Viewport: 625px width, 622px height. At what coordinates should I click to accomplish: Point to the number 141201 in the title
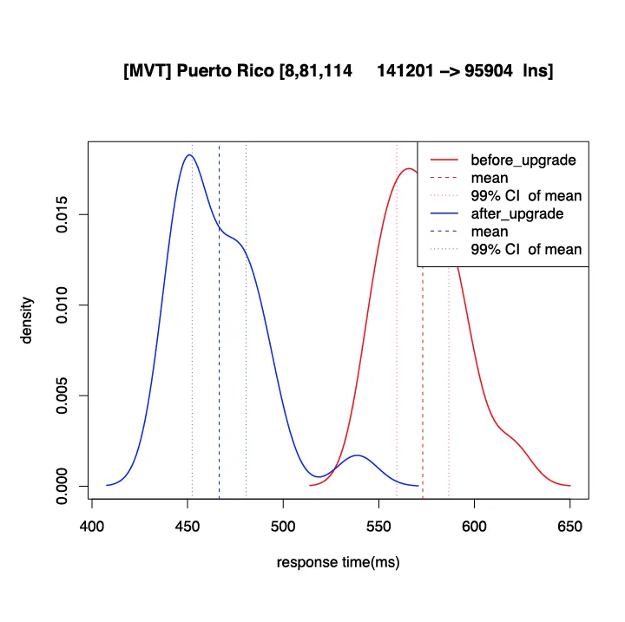click(407, 71)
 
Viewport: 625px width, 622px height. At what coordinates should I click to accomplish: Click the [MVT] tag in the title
click(148, 71)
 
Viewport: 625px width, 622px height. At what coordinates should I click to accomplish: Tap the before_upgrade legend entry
click(523, 160)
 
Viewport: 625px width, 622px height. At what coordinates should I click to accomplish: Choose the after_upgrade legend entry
click(516, 214)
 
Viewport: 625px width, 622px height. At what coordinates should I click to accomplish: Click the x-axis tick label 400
click(92, 526)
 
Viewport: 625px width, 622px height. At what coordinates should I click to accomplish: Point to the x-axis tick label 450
click(187, 526)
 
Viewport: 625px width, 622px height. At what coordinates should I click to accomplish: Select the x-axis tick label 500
click(283, 526)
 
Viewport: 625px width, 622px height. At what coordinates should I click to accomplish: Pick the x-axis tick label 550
click(378, 526)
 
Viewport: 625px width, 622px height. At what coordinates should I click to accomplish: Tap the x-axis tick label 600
click(474, 526)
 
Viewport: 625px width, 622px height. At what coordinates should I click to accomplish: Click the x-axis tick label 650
click(569, 526)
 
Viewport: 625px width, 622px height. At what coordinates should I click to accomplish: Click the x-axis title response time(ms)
click(338, 563)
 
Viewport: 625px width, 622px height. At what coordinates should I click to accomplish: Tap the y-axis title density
click(27, 321)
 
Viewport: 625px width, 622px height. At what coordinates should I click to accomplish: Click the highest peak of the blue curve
click(188, 155)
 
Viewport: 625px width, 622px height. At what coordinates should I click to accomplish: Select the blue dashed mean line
click(219, 347)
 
